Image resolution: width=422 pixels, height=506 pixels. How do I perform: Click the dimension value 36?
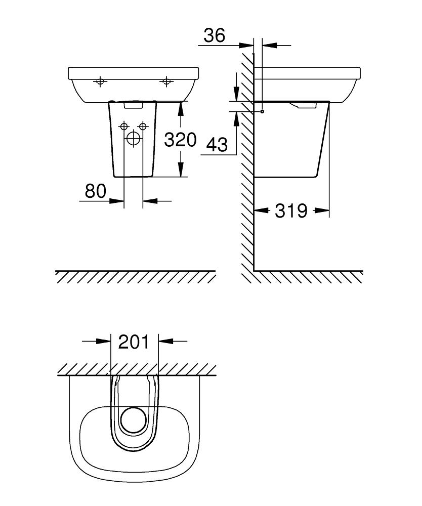[214, 36]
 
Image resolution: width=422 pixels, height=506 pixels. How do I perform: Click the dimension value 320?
[180, 140]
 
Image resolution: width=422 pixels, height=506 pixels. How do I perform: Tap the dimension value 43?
[217, 145]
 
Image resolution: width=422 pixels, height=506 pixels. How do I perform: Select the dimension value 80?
[95, 191]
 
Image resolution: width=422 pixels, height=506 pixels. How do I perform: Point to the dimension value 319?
[291, 210]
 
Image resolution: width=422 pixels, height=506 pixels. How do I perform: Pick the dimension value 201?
[134, 342]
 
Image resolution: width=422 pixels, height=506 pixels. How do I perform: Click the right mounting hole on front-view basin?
[166, 81]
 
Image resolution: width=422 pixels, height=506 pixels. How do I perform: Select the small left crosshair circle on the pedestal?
[123, 126]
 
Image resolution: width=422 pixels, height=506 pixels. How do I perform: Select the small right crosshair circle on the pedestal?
[143, 126]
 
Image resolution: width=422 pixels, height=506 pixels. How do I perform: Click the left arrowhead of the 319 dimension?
[259, 210]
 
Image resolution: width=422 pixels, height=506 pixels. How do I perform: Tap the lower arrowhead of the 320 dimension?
[181, 173]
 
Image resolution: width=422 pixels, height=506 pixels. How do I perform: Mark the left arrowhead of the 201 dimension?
[105, 342]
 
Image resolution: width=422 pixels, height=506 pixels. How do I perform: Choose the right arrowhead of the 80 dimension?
[148, 201]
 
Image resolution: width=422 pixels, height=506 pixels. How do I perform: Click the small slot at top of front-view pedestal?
[134, 106]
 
